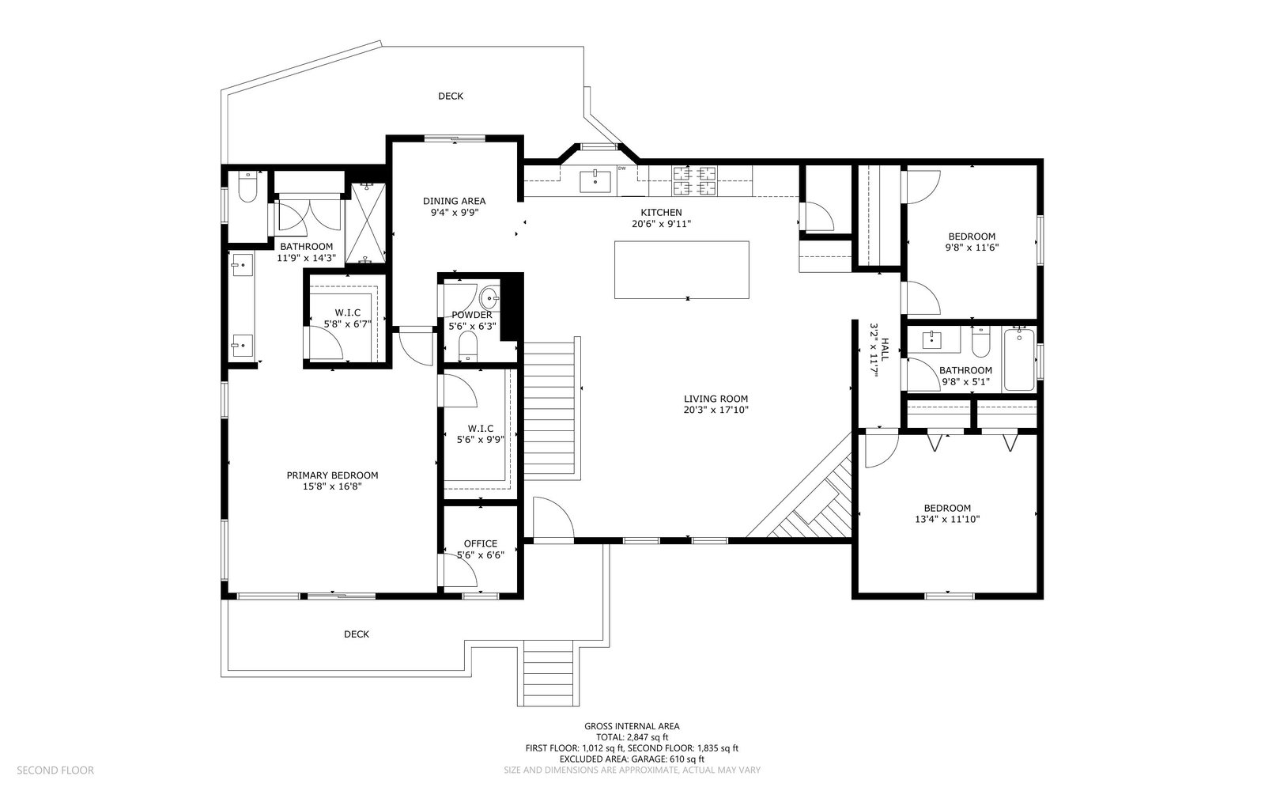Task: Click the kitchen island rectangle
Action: pyautogui.click(x=682, y=270)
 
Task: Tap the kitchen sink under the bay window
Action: pyautogui.click(x=595, y=181)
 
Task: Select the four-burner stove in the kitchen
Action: pyautogui.click(x=694, y=180)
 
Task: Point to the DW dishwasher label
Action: pyautogui.click(x=621, y=168)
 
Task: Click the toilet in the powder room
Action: pyautogui.click(x=467, y=346)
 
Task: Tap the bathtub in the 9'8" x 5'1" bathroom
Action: pyautogui.click(x=1019, y=359)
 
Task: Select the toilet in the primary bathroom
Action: pyautogui.click(x=247, y=187)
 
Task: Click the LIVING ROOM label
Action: pyautogui.click(x=716, y=399)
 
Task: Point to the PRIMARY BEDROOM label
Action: pyautogui.click(x=332, y=475)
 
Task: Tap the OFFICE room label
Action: pyautogui.click(x=481, y=543)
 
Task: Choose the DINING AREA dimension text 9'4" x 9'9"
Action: pyautogui.click(x=454, y=213)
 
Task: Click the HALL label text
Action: pyautogui.click(x=885, y=349)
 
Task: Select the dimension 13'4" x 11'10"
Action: pyautogui.click(x=947, y=519)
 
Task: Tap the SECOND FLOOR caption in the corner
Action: pyautogui.click(x=55, y=770)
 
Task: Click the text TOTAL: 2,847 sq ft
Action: pyautogui.click(x=632, y=736)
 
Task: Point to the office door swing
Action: pyautogui.click(x=461, y=570)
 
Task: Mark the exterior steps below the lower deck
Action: pyautogui.click(x=549, y=673)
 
